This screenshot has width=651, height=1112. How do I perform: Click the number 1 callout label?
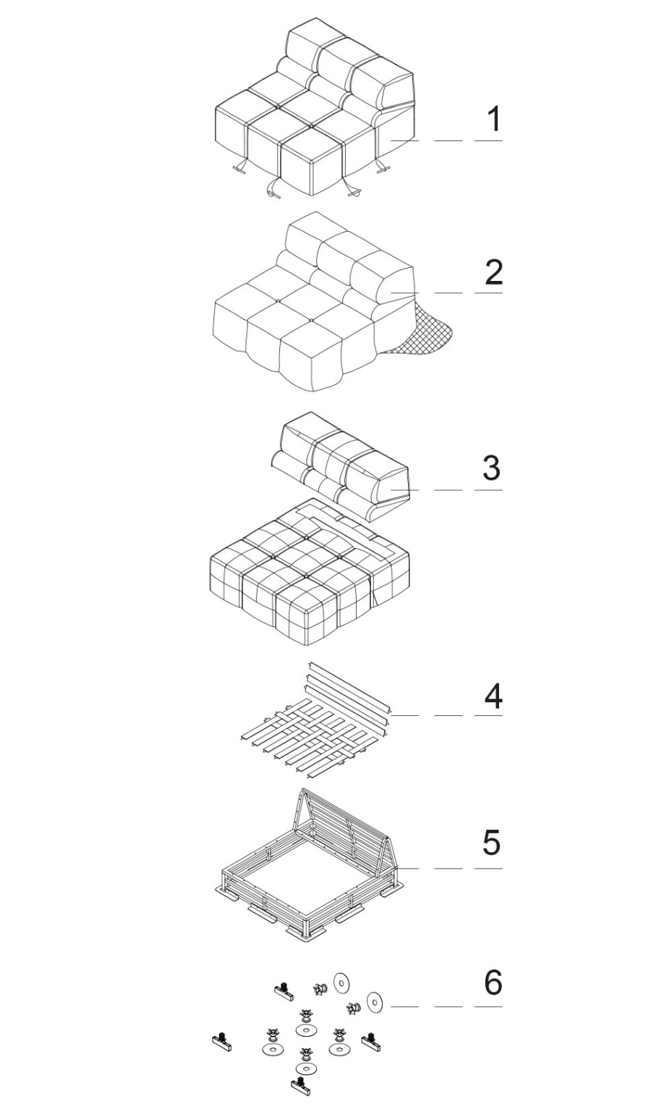(x=493, y=119)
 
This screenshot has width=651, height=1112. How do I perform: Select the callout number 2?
(x=493, y=272)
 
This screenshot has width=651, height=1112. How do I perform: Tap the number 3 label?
(x=492, y=468)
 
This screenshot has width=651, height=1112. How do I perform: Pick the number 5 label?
(x=492, y=842)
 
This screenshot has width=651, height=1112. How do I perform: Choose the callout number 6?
(x=493, y=982)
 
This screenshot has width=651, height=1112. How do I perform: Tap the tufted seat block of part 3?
(x=310, y=572)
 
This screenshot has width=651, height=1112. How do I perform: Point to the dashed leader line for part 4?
(x=446, y=715)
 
